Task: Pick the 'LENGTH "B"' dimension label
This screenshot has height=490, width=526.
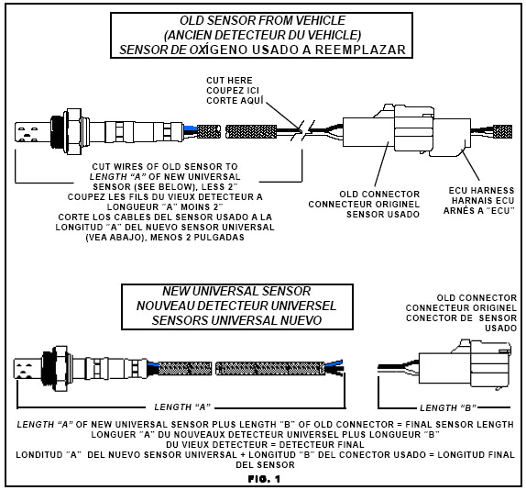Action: pos(444,406)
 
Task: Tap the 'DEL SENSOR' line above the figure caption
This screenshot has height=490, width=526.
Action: pos(264,464)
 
